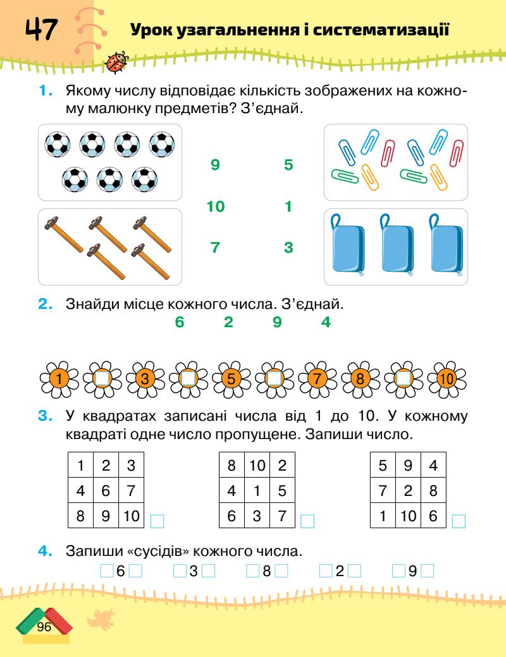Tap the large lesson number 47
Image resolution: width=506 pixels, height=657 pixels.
pyautogui.click(x=41, y=30)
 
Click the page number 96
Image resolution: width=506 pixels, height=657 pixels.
pyautogui.click(x=44, y=627)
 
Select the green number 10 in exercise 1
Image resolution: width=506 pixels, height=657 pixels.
pyautogui.click(x=216, y=206)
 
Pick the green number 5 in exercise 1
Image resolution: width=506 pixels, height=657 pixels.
pyautogui.click(x=288, y=166)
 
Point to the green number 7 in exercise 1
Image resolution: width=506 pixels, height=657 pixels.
pyautogui.click(x=215, y=248)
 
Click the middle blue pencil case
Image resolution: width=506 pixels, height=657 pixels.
pyautogui.click(x=395, y=246)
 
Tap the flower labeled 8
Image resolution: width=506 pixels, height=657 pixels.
pyautogui.click(x=360, y=380)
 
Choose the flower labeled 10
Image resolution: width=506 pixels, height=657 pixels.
pyautogui.click(x=446, y=380)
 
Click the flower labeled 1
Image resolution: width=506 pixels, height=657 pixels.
pyautogui.click(x=58, y=380)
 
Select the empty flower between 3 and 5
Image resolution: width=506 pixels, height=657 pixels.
pyautogui.click(x=188, y=380)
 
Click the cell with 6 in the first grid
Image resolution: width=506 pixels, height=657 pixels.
pyautogui.click(x=106, y=490)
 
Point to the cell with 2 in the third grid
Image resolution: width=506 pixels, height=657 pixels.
pyautogui.click(x=408, y=490)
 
